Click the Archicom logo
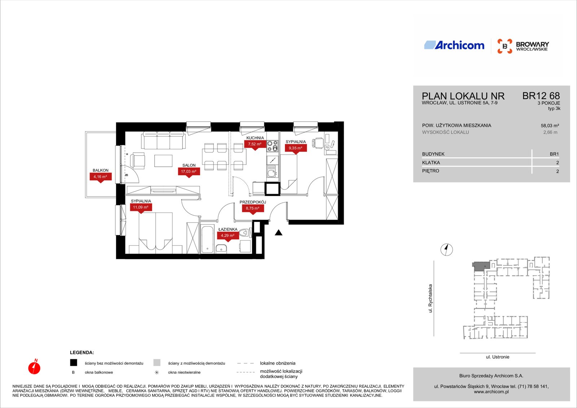pos(454,45)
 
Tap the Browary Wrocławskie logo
pos(523,46)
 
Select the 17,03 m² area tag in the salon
pos(189,172)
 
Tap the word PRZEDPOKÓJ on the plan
pos(253,202)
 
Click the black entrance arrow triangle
pos(278,233)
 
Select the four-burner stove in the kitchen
pos(272,146)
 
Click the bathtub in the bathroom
pos(207,239)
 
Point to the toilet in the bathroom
pos(245,233)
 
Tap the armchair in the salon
pos(137,161)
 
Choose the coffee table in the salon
pos(163,161)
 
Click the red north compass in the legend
pos(34,367)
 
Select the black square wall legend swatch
pos(74,363)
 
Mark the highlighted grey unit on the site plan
pos(481,266)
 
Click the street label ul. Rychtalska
pos(430,298)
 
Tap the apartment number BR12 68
pos(541,96)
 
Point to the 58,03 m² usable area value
pos(550,126)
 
